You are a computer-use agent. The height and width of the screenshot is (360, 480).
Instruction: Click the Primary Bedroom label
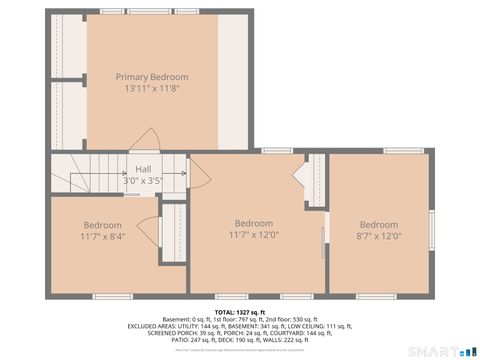coord(152,77)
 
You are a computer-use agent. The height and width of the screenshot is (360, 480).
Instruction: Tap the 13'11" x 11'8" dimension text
coord(152,88)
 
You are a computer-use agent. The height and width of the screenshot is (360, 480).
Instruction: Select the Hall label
coord(143,170)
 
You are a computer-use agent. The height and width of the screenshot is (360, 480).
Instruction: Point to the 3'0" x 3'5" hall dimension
coord(142,181)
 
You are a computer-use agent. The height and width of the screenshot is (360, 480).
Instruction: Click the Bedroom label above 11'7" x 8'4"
coord(102,225)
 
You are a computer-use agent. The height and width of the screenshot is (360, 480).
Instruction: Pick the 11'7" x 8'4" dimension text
coord(102,236)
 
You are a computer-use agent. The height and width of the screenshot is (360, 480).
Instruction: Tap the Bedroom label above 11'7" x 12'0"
coord(253,223)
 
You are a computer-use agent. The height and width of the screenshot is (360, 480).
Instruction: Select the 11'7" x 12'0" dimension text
coord(253,235)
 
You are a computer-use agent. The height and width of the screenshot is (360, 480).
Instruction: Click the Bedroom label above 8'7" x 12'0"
coord(379,225)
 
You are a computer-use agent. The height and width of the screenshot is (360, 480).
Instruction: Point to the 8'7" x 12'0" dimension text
coord(379,236)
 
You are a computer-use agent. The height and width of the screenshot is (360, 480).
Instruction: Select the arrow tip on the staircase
coord(186,174)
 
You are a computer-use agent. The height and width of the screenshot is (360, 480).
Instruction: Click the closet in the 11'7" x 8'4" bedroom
coord(171,234)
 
